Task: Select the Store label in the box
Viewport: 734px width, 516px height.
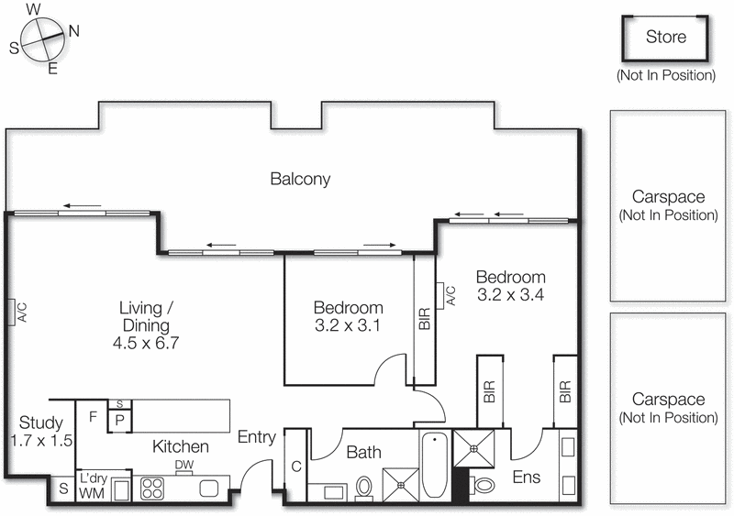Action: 665,38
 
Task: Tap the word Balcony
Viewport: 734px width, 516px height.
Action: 300,179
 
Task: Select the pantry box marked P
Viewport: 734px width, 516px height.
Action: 120,422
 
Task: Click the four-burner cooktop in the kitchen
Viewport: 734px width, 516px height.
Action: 151,489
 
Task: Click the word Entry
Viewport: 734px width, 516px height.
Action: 256,438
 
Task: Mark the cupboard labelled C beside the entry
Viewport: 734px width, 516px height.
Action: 295,467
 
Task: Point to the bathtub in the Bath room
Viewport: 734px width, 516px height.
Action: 435,465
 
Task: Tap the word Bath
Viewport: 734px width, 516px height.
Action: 363,452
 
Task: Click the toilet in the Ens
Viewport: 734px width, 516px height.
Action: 484,484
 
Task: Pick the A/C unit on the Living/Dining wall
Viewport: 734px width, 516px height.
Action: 11,313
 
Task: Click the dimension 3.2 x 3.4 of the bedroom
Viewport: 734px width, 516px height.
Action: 510,295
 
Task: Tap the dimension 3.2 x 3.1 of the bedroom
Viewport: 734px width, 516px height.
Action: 348,325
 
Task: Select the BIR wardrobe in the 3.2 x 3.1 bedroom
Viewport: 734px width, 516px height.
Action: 424,317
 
